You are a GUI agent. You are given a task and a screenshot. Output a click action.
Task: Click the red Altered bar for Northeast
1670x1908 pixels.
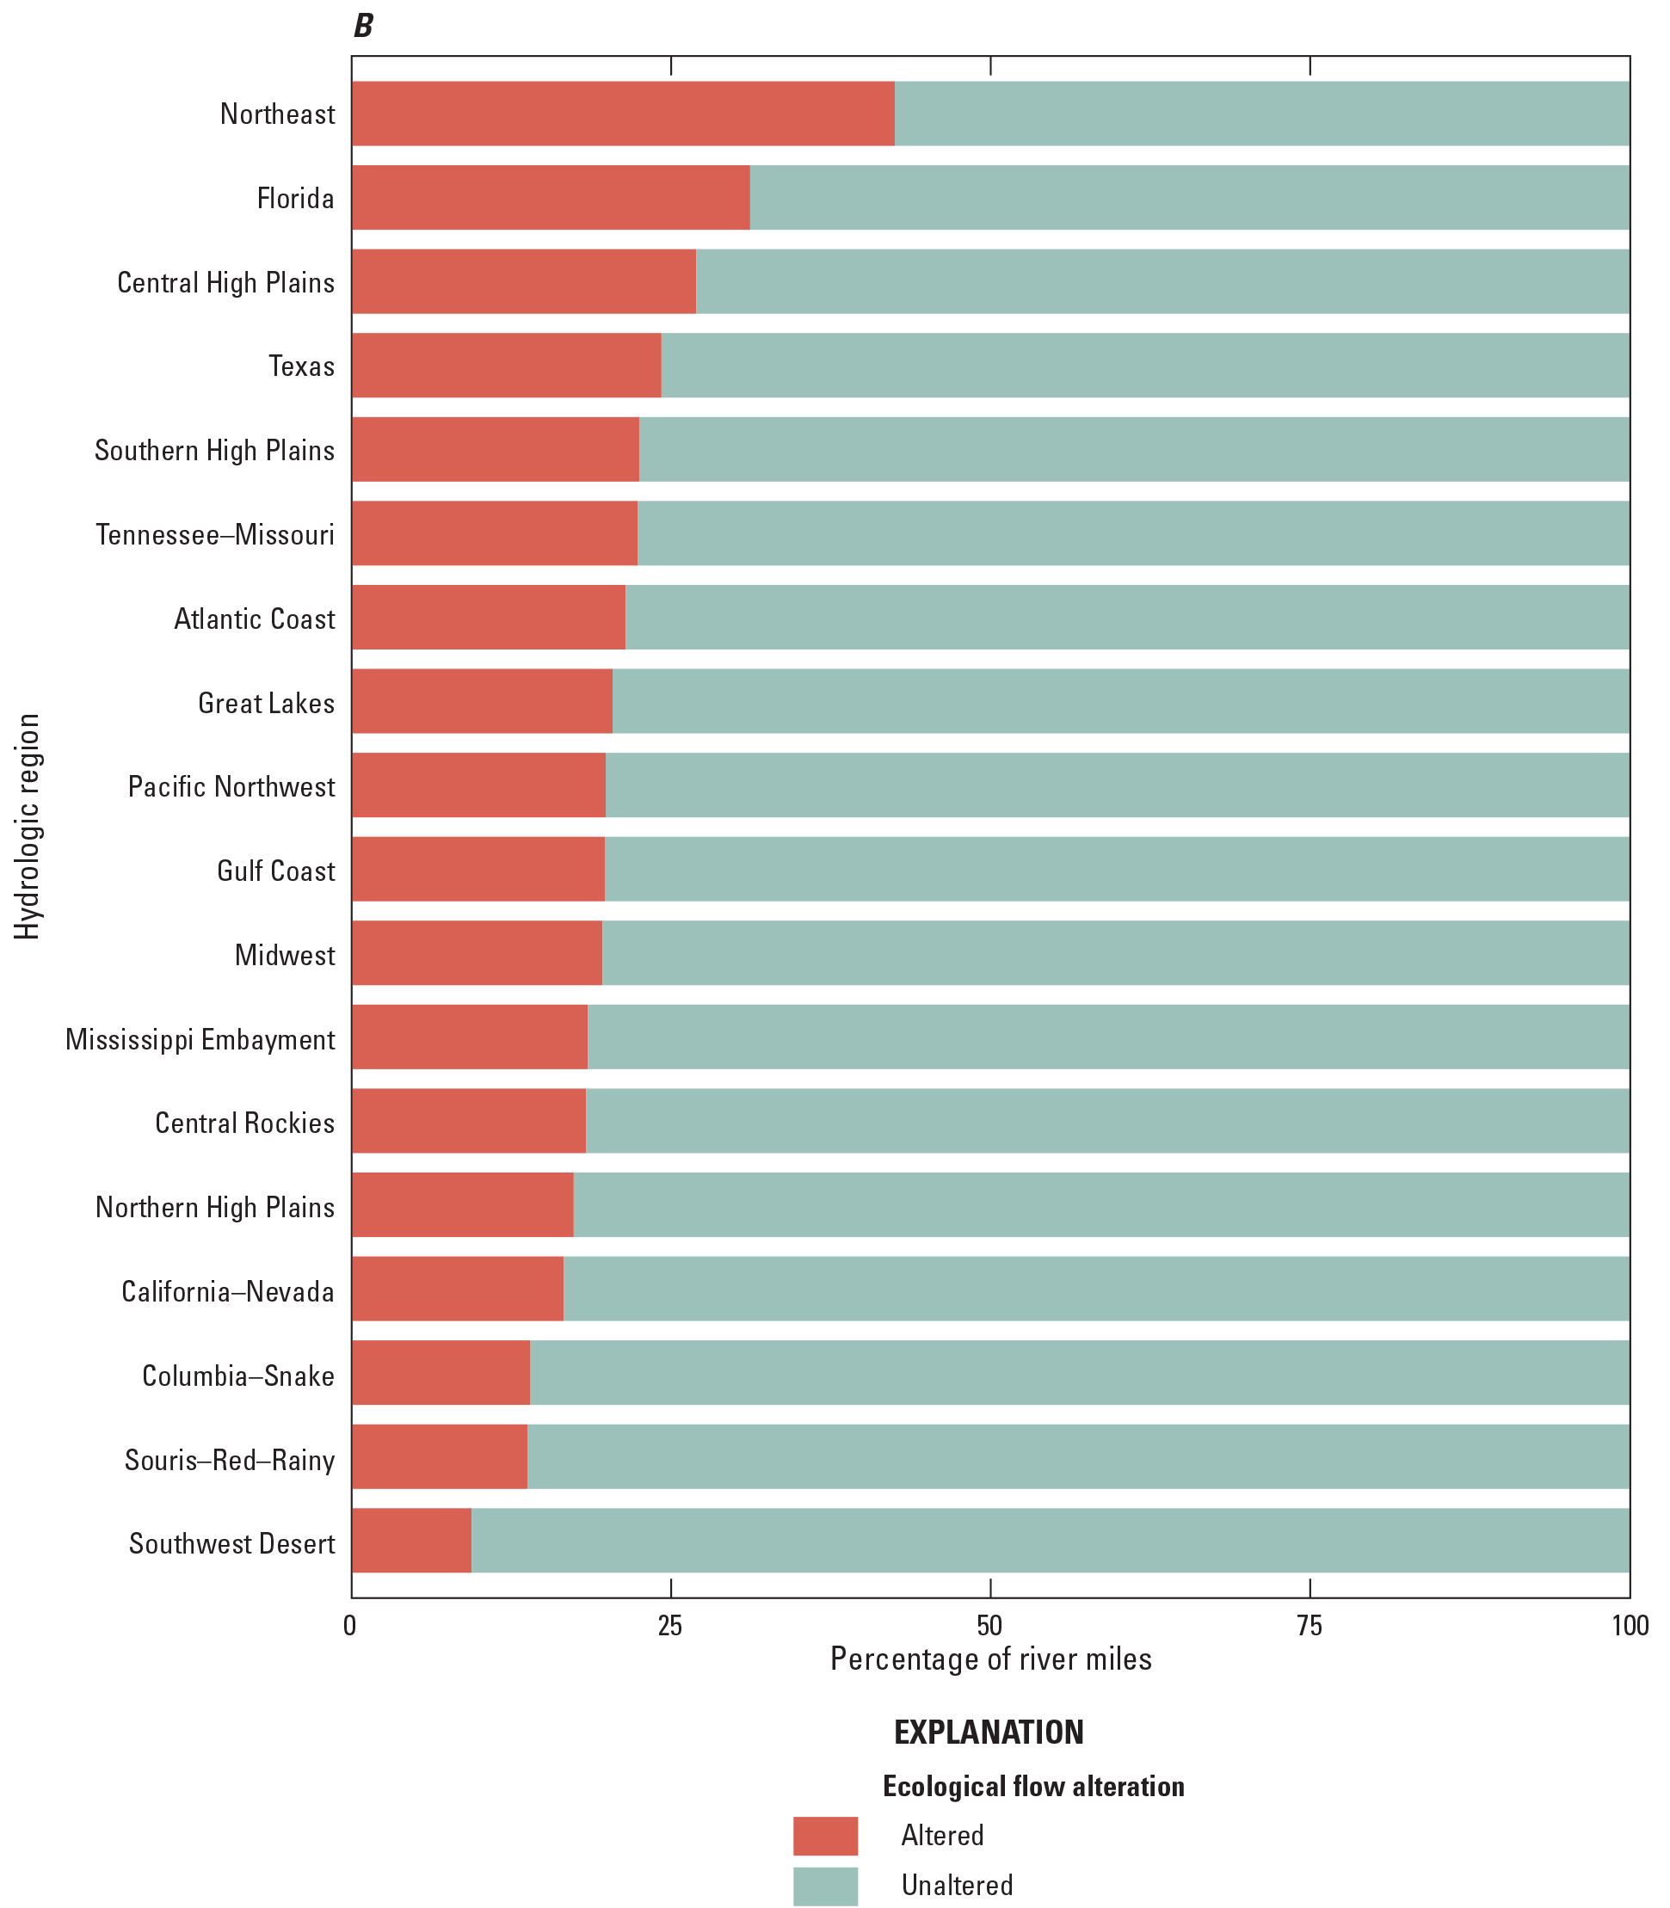coord(623,114)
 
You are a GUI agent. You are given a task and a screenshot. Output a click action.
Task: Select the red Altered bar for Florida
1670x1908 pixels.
coord(550,198)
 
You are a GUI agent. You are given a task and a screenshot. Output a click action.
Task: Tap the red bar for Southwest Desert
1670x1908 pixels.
coord(411,1544)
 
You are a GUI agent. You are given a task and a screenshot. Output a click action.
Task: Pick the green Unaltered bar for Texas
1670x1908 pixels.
coord(1144,366)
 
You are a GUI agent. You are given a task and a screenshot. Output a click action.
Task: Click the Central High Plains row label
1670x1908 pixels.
coord(225,282)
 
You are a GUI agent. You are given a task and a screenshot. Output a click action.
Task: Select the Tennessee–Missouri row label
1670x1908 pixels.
coord(215,535)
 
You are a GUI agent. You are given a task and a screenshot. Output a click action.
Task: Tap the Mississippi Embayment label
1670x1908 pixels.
coord(200,1039)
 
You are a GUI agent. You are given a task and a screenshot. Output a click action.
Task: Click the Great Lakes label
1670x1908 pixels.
coord(267,703)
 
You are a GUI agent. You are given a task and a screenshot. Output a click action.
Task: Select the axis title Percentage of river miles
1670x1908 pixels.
coord(990,1659)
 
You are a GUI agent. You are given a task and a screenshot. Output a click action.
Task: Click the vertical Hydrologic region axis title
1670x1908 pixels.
coord(28,827)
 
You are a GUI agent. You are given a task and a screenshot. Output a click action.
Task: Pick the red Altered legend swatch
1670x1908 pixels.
coord(825,1836)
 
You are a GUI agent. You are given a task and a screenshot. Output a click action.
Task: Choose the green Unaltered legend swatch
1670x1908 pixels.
coord(825,1886)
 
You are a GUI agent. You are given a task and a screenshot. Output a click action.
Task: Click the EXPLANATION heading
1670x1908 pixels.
coord(989,1732)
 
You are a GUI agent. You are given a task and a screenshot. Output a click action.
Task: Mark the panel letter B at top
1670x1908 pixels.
coord(362,26)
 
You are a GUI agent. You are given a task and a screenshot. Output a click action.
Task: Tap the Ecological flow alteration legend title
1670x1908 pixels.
coord(1032,1786)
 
